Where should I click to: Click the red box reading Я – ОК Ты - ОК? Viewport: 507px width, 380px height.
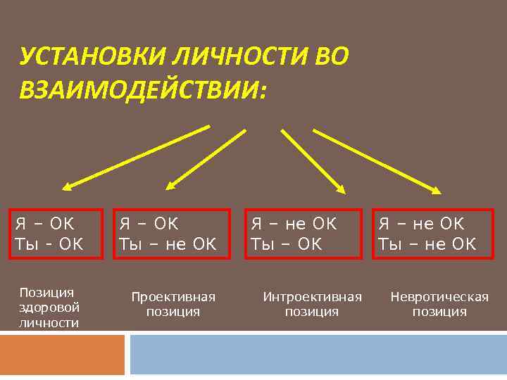(56, 234)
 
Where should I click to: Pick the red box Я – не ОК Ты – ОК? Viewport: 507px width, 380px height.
(303, 234)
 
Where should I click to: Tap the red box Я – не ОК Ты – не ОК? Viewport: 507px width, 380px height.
(430, 234)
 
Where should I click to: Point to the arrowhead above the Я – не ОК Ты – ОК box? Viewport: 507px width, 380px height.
(341, 187)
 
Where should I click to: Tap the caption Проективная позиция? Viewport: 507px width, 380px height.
(173, 303)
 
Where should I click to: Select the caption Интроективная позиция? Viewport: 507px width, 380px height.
(312, 303)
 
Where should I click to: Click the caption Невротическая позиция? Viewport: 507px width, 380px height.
(439, 303)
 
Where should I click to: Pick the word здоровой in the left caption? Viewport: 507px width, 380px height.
(49, 308)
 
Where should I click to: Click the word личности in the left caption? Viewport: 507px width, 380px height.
(49, 322)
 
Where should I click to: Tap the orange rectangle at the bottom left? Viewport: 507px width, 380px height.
(62, 355)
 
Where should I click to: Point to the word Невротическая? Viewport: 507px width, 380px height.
(439, 296)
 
